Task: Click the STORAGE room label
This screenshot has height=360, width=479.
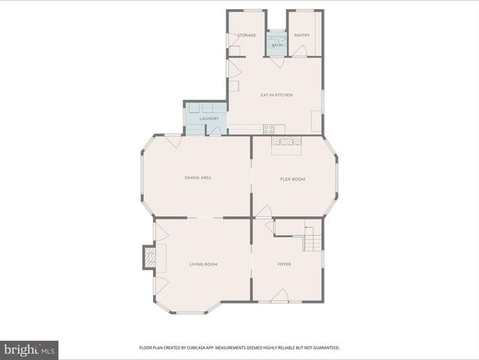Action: pos(247,35)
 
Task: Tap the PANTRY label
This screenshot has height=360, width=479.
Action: pos(301,35)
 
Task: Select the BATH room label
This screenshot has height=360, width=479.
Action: pos(277,46)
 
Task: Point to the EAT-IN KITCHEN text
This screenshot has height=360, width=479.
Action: pos(276,95)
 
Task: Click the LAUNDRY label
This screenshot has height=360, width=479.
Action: pos(209,118)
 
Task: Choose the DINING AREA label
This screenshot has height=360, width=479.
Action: pos(198,178)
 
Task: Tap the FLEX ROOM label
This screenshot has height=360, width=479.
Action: pos(292,179)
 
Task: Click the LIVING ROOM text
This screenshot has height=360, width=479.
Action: pos(203,264)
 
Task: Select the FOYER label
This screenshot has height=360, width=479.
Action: pos(284,264)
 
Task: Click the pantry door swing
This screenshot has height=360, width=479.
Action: pos(299,50)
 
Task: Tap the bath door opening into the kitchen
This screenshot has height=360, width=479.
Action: pos(278,62)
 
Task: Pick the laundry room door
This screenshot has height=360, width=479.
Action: pos(215,130)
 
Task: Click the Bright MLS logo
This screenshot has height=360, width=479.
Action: pos(29,349)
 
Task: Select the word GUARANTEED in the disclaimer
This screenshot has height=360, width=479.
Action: pos(325,348)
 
